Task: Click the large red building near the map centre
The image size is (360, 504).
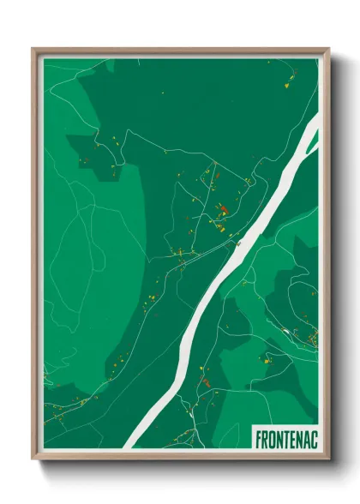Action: (221, 207)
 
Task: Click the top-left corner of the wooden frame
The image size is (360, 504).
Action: (33, 49)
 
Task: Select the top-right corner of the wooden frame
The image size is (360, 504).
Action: (328, 49)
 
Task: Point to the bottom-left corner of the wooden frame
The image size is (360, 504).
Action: (33, 459)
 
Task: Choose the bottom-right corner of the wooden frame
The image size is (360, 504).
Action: (328, 459)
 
